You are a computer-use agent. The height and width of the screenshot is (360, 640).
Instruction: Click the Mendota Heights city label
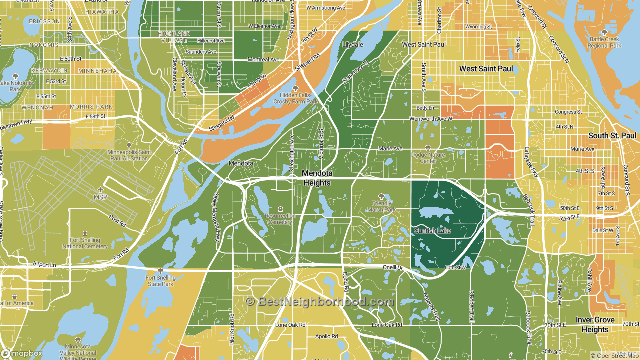(317, 178)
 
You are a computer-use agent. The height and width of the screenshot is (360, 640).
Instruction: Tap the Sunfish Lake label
(432, 231)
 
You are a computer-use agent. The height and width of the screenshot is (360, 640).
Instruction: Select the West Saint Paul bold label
(486, 68)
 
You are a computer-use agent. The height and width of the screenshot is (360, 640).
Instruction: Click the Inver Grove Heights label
(595, 325)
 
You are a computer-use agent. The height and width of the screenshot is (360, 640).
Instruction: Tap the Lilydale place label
(352, 45)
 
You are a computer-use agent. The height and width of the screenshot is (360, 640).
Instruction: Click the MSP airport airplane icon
(101, 189)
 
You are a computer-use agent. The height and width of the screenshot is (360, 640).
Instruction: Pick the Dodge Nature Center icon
(427, 148)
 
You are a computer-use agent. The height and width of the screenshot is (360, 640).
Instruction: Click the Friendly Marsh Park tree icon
(382, 196)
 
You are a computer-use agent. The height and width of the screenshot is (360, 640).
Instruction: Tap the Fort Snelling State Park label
(160, 281)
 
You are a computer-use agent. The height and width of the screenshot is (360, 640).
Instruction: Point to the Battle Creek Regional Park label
(604, 42)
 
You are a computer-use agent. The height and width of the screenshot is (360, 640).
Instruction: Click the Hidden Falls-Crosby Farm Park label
(295, 98)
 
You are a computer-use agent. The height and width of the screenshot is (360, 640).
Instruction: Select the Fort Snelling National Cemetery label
(85, 243)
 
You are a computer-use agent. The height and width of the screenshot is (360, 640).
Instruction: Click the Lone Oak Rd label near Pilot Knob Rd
(290, 325)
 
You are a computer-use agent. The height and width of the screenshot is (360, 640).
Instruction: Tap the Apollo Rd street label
(326, 337)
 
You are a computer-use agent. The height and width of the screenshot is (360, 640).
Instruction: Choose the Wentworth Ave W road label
(430, 119)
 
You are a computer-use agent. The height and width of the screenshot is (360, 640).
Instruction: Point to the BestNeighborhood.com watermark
(320, 302)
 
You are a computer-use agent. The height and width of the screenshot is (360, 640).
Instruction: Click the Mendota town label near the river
(241, 163)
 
